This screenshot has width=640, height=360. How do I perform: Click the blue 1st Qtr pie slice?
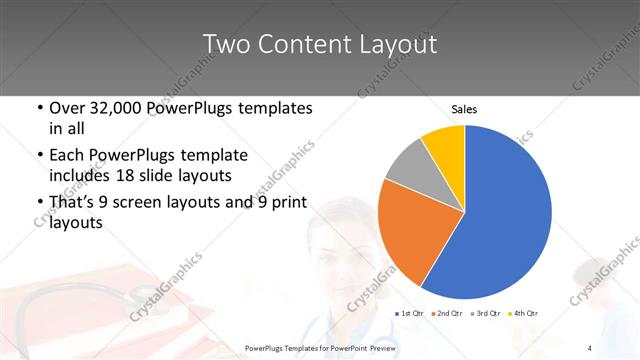(500, 215)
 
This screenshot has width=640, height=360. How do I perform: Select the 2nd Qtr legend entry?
(447, 314)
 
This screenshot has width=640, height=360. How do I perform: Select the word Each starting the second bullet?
(68, 156)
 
